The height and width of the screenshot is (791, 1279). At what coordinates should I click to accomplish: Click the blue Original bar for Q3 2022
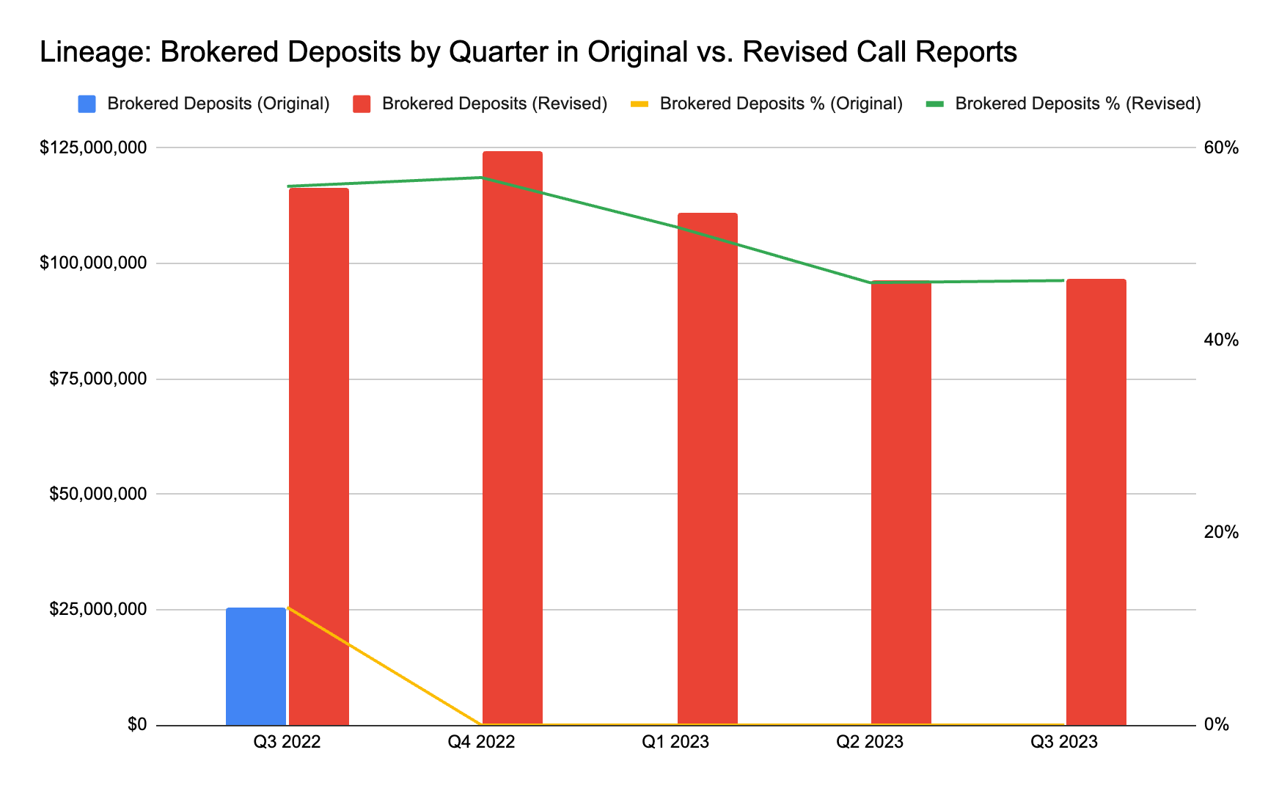pos(255,666)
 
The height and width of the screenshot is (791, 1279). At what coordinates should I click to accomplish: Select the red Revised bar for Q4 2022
pos(513,440)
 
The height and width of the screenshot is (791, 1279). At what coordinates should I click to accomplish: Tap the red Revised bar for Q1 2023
pos(707,470)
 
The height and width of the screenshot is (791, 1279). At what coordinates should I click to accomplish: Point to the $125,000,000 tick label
pos(93,147)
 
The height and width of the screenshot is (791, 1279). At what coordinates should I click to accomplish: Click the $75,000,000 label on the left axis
pos(98,379)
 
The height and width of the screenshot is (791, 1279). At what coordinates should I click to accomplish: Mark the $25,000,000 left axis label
pos(98,609)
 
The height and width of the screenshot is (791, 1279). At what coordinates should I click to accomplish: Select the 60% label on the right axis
pos(1221,147)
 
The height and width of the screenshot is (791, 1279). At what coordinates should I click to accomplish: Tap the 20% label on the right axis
pos(1221,532)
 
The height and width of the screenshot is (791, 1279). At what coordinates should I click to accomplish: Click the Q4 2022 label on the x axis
pos(481,742)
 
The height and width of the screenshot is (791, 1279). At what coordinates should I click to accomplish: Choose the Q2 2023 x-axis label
pos(870,742)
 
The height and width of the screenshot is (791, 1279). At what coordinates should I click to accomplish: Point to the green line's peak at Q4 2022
pos(482,177)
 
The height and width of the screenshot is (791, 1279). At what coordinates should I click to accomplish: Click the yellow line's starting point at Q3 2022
pos(288,607)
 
